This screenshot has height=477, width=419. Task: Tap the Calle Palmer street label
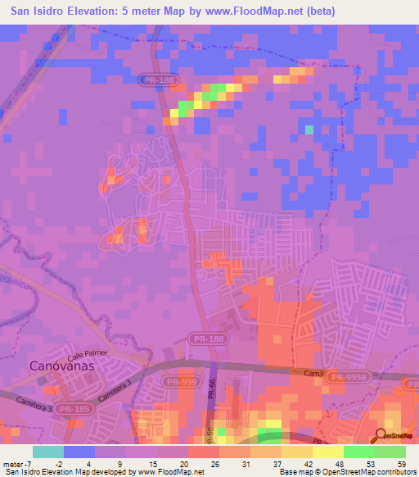88,352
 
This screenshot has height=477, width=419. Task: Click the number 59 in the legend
400,464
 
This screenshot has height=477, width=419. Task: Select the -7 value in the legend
28,464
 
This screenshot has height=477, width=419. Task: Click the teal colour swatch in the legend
48,452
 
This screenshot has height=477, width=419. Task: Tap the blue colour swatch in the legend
79,452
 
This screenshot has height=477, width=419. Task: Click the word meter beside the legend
13,464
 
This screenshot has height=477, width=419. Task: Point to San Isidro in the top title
38,11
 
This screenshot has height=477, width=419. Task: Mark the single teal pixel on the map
309,129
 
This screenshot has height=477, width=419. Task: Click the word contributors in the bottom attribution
393,472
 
